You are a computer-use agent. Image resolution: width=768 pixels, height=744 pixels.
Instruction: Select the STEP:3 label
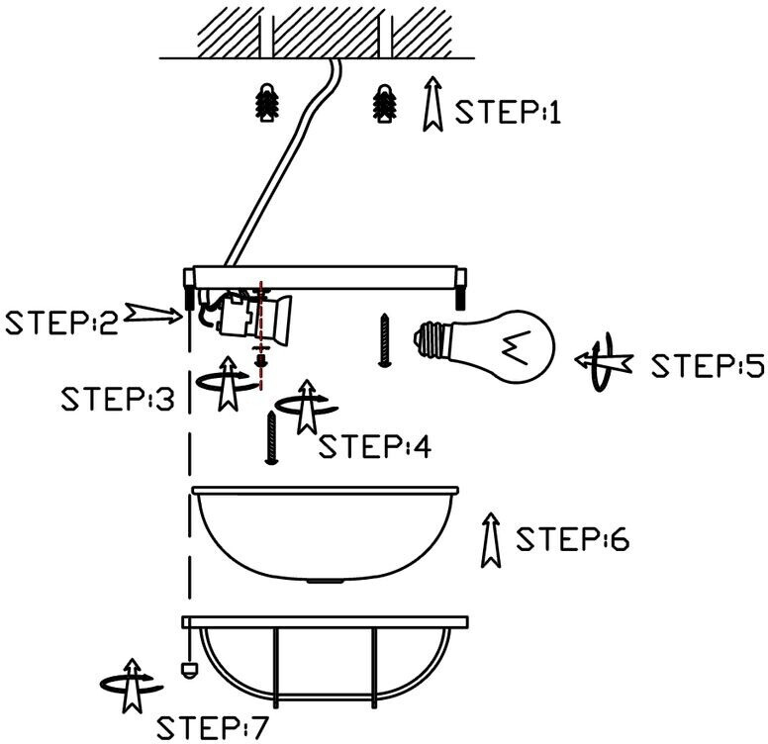(x=117, y=399)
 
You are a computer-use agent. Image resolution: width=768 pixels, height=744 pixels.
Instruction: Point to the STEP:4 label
(x=375, y=446)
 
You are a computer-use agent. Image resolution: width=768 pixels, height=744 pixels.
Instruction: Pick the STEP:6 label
(x=572, y=541)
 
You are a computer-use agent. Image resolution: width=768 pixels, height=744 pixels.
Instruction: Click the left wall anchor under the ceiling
(x=265, y=102)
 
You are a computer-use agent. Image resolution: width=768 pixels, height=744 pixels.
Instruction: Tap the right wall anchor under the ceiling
(x=383, y=102)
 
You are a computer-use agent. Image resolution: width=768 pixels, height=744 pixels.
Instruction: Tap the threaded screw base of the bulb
(x=428, y=342)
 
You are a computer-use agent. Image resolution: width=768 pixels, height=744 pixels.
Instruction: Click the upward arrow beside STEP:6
(x=487, y=539)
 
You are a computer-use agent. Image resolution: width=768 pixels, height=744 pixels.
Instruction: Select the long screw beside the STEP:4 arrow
(x=269, y=438)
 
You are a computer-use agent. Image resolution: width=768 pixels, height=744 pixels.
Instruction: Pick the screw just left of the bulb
(x=383, y=339)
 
